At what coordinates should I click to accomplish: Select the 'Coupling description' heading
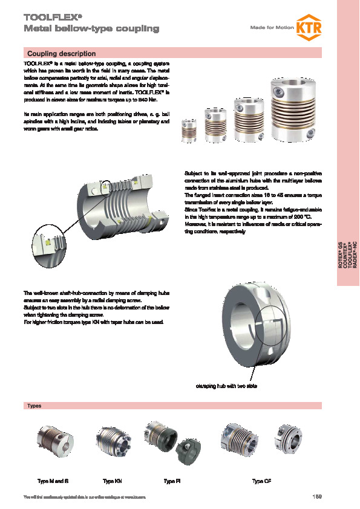tap(61, 54)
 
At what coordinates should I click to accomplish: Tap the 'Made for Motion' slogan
tap(270, 28)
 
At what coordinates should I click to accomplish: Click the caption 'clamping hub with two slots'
tap(226, 386)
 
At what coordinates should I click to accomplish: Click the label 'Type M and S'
tap(53, 481)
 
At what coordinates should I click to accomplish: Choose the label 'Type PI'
tap(172, 481)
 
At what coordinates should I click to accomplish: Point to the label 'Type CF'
tap(262, 481)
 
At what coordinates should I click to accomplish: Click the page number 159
tap(316, 497)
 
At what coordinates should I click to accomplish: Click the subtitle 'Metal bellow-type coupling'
tap(91, 28)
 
